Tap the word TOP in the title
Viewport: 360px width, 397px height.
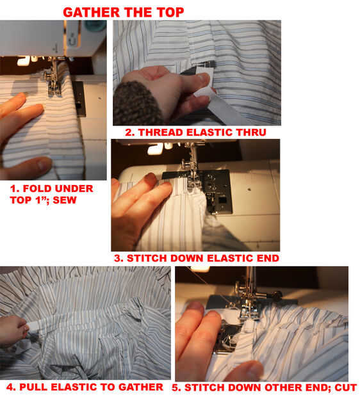(170, 12)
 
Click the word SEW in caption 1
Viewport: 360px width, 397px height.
(65, 200)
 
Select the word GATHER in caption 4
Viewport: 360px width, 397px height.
(141, 387)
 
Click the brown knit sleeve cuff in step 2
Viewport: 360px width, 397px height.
(137, 102)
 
